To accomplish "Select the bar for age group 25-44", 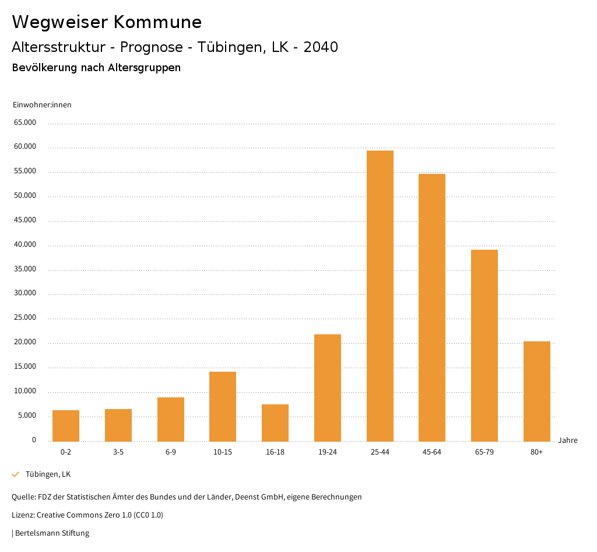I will (380, 296).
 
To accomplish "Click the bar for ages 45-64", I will (432, 308).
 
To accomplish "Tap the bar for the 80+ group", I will (537, 391).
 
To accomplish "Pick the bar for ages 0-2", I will (66, 425).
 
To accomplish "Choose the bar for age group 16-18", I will (275, 422).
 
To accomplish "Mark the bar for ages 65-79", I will (484, 345).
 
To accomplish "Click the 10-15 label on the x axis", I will (223, 452).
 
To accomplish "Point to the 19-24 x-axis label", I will (328, 452).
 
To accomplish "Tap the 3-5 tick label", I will (118, 452).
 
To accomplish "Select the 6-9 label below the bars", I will (171, 452).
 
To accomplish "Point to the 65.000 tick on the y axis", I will (24, 123).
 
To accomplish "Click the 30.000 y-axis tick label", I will (24, 294).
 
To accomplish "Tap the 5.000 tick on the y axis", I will (26, 415).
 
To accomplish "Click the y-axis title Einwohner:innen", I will (42, 105).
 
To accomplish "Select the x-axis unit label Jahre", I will (568, 441).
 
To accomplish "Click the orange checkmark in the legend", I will (16, 474).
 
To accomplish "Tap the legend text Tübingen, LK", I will (48, 474).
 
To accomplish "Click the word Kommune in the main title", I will (158, 22).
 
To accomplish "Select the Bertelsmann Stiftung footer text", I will (52, 533).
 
